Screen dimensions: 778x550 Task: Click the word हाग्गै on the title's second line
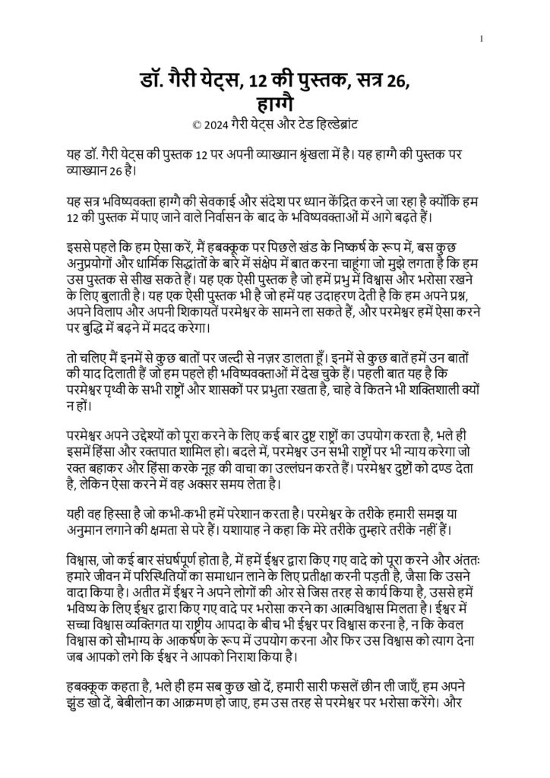[x=274, y=101]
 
